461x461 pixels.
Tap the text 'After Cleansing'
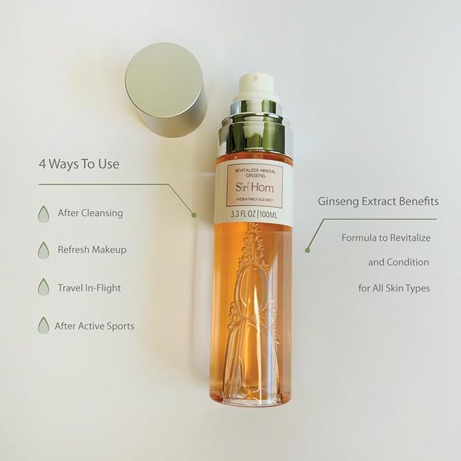90,213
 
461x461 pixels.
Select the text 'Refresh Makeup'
92,249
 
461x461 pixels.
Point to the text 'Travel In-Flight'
89,287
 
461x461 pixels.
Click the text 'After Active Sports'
94,326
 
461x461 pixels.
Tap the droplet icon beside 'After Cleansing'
44,213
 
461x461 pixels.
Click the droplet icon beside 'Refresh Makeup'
44,250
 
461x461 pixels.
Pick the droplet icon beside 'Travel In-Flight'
44,287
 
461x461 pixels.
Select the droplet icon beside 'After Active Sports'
44,325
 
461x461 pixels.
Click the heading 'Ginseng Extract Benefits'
378,202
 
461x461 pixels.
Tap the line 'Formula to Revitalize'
386,238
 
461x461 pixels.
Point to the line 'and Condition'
398,262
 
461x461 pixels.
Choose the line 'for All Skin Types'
394,288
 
